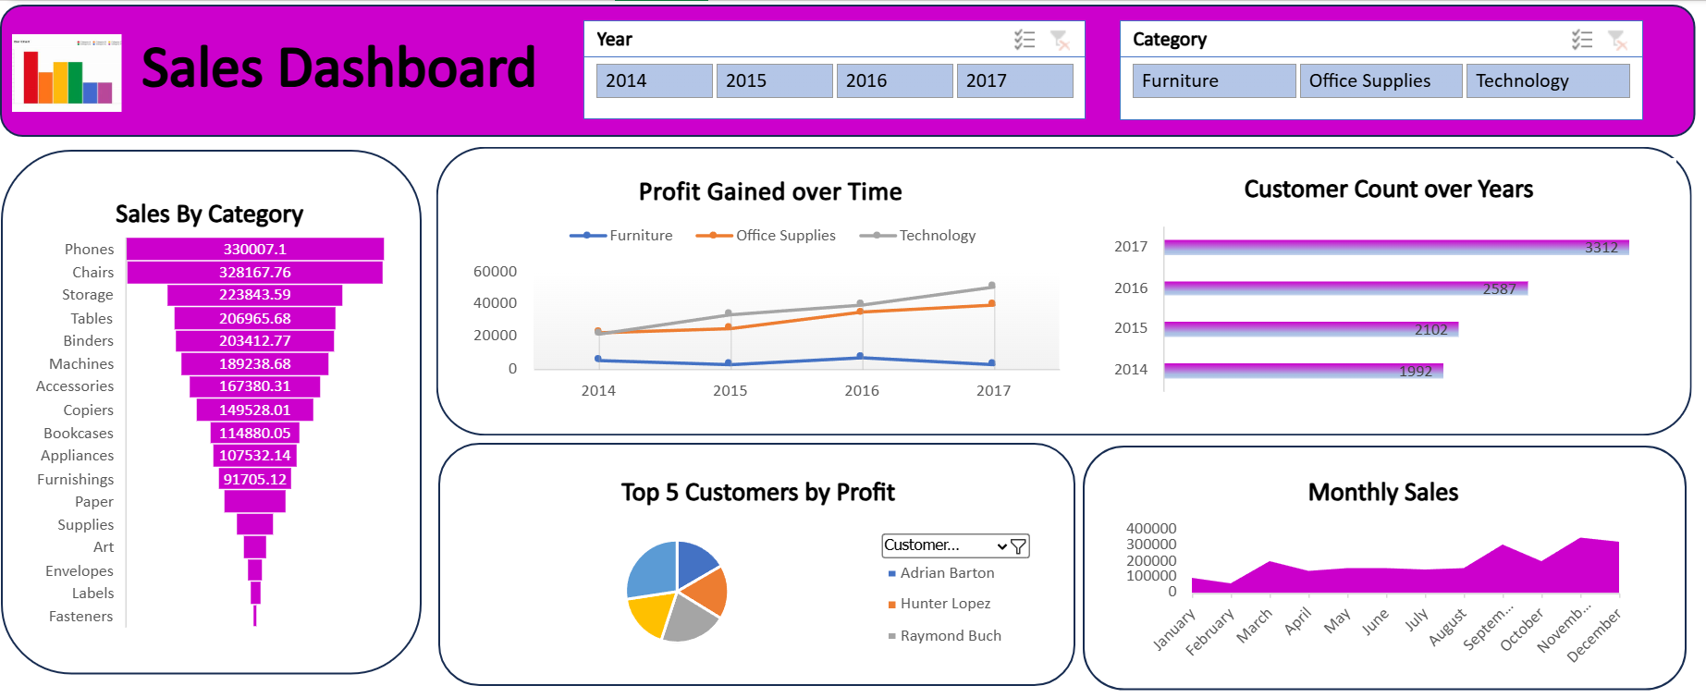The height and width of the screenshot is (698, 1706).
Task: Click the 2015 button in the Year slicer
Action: click(x=774, y=80)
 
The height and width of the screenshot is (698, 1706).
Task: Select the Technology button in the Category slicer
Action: click(x=1547, y=80)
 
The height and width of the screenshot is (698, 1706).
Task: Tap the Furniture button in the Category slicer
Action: click(x=1213, y=80)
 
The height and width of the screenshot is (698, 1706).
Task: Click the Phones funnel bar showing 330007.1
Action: click(x=255, y=249)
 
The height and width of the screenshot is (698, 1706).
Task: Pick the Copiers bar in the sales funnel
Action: click(x=255, y=410)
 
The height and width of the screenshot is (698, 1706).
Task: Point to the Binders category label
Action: click(x=88, y=341)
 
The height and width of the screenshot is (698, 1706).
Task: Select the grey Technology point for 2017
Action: click(x=991, y=286)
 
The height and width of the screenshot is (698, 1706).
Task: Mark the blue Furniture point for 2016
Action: click(x=860, y=356)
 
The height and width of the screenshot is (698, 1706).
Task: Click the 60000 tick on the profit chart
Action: click(x=495, y=272)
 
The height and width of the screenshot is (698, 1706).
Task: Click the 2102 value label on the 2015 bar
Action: click(x=1430, y=330)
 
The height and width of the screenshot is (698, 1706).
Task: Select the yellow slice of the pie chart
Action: click(x=649, y=613)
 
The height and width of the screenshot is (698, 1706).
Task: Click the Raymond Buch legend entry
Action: click(x=951, y=636)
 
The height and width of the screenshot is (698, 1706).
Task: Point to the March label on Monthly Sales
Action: click(x=1255, y=625)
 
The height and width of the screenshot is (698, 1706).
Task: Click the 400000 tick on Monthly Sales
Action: click(x=1151, y=529)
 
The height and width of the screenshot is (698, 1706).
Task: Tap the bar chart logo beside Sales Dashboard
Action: click(x=67, y=73)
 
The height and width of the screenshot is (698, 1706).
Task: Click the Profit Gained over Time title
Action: click(x=770, y=192)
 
